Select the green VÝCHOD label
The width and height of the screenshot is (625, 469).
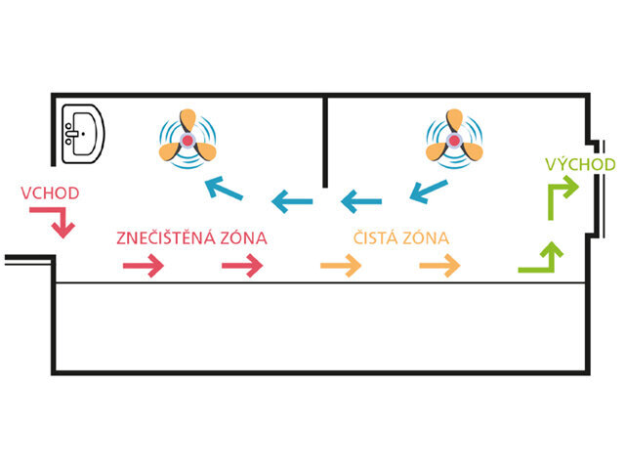pos(580,163)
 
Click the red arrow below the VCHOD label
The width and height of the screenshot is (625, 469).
pos(61,224)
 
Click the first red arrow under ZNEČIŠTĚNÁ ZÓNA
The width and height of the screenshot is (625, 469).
pos(144,264)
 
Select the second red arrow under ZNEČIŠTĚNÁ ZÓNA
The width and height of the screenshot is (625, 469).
pos(242,264)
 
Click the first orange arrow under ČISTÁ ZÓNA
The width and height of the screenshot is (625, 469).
pos(342,264)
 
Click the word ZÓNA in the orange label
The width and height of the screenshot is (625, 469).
pos(430,237)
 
